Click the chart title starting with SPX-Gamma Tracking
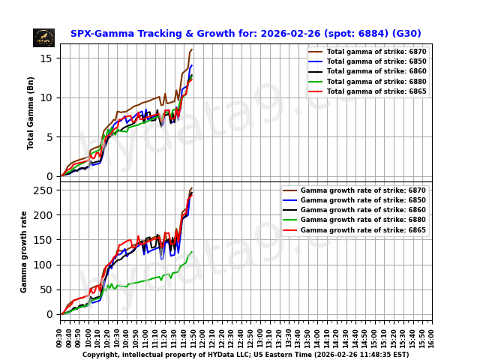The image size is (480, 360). [245, 34]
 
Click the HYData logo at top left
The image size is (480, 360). [43, 37]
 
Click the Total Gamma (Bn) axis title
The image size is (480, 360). [31, 112]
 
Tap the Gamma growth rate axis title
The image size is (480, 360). [24, 251]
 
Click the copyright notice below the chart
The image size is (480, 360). [245, 355]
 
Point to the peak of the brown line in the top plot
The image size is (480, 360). [192, 49]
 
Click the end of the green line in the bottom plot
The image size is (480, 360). [192, 252]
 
